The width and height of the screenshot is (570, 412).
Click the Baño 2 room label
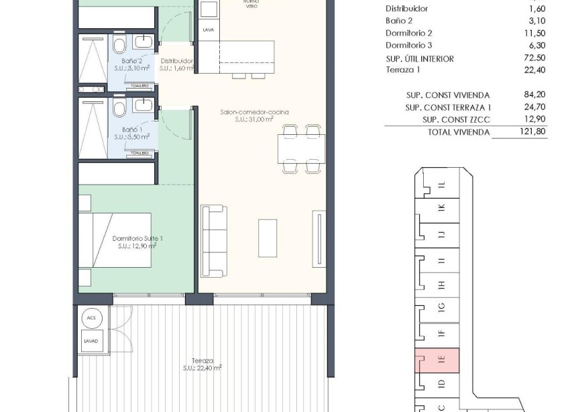(x=131, y=61)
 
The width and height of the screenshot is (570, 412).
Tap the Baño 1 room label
(x=131, y=128)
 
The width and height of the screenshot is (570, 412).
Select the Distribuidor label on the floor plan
(x=177, y=61)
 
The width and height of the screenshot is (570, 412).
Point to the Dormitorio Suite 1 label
(x=137, y=238)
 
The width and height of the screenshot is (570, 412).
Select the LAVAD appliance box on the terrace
(x=91, y=340)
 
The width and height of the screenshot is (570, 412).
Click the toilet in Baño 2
(x=119, y=46)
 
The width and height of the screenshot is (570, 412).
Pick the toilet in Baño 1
(x=119, y=109)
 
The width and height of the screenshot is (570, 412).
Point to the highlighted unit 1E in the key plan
(x=437, y=360)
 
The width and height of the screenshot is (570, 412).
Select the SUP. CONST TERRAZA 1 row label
(x=448, y=107)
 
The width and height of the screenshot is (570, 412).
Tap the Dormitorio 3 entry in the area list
(x=409, y=46)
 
